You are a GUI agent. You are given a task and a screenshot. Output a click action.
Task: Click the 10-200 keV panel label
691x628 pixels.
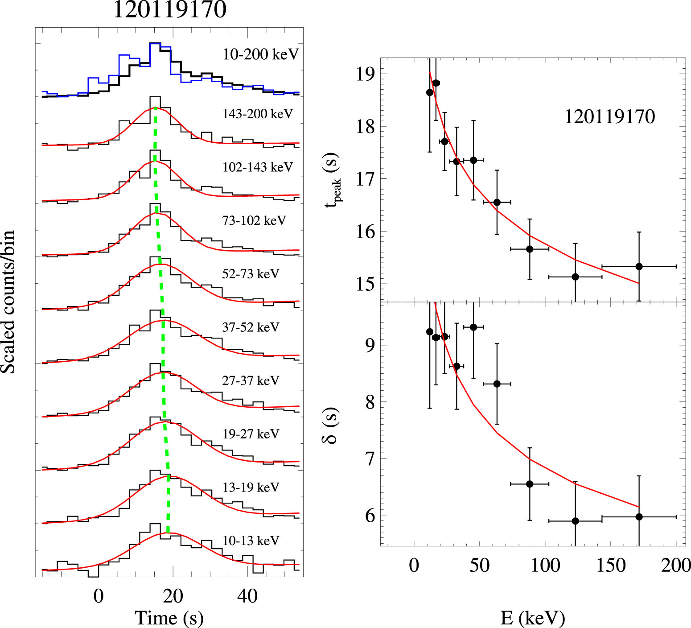(x=260, y=54)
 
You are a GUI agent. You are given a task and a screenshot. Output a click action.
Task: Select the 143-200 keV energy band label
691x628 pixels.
(x=257, y=114)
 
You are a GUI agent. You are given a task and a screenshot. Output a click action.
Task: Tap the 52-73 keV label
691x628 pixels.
(x=251, y=274)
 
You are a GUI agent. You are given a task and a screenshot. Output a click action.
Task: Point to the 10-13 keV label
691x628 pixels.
(x=251, y=541)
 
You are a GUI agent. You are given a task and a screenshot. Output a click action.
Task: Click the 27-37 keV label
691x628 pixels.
(x=251, y=380)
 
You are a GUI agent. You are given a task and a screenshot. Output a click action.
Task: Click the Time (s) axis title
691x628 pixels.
(x=169, y=618)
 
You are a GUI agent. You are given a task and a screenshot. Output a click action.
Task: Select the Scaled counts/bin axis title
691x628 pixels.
(x=8, y=302)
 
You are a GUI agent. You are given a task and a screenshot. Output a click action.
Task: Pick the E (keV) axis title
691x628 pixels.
(x=533, y=618)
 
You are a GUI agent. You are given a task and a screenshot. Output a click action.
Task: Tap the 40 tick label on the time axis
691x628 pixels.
(x=247, y=596)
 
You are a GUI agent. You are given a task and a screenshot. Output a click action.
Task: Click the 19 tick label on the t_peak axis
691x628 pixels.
(x=366, y=74)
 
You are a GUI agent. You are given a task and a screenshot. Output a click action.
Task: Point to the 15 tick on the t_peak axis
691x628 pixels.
(x=366, y=284)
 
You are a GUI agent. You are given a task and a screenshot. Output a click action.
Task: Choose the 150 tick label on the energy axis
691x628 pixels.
(x=611, y=566)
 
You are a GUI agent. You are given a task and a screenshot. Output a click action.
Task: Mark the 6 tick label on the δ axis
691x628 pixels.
(x=370, y=516)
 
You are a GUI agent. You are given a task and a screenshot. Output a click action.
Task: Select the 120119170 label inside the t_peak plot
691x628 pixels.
(x=609, y=117)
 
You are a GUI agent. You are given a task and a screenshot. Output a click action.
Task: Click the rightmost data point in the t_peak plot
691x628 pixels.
(x=639, y=266)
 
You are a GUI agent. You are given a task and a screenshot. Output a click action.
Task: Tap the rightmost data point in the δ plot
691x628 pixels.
(x=639, y=517)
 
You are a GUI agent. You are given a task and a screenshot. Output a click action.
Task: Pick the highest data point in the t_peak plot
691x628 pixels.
(x=436, y=83)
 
